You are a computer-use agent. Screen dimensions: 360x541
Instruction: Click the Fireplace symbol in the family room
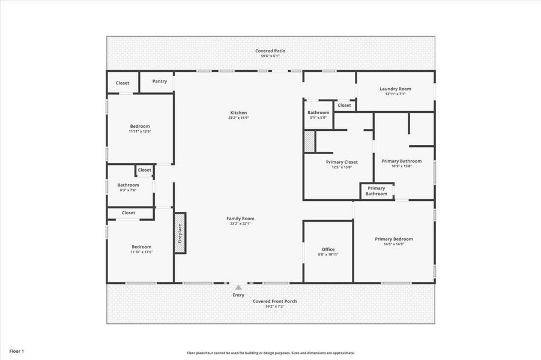point(180,233)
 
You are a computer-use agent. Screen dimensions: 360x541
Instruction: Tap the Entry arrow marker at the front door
point(238,287)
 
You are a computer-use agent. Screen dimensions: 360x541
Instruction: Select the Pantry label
point(160,82)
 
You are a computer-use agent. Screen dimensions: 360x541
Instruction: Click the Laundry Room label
point(395,89)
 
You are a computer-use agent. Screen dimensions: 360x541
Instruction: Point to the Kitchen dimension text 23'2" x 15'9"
point(238,118)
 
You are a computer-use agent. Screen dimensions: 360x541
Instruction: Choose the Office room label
point(328,249)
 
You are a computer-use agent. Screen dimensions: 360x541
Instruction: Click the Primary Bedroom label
point(394,239)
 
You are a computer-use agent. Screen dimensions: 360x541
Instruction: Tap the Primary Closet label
point(342,162)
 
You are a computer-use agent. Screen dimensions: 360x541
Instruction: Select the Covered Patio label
point(270,51)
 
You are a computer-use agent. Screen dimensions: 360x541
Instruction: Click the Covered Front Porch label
point(274,301)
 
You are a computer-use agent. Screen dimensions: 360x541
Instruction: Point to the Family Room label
point(240,218)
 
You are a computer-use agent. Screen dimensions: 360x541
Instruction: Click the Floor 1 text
point(17,351)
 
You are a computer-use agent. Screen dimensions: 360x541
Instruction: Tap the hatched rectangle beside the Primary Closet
point(309,142)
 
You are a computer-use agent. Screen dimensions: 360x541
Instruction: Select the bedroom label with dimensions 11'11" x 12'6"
point(139,126)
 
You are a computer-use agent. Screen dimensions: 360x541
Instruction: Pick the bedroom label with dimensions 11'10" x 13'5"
point(141,247)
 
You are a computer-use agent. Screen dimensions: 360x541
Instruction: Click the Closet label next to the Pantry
point(122,83)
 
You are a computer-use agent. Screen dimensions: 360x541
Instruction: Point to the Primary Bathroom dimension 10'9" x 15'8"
point(402,166)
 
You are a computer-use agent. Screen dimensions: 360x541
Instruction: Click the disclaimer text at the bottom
point(270,353)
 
